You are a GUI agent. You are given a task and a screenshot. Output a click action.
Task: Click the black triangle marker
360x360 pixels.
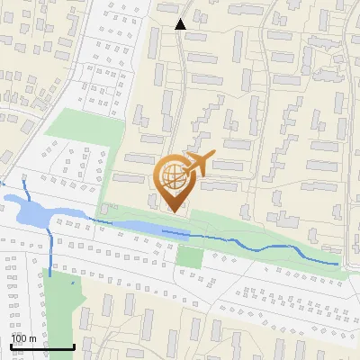180,24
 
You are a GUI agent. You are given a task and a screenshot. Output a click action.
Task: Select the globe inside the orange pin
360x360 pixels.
173,177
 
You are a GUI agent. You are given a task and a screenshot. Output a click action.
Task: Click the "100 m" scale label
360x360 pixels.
23,337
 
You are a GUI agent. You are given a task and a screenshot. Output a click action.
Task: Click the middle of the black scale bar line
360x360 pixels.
41,346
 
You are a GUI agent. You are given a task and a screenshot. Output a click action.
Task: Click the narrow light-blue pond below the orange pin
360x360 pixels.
135,226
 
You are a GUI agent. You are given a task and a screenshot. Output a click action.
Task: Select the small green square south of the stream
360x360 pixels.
189,256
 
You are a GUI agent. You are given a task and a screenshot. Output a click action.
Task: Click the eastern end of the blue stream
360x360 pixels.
337,264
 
